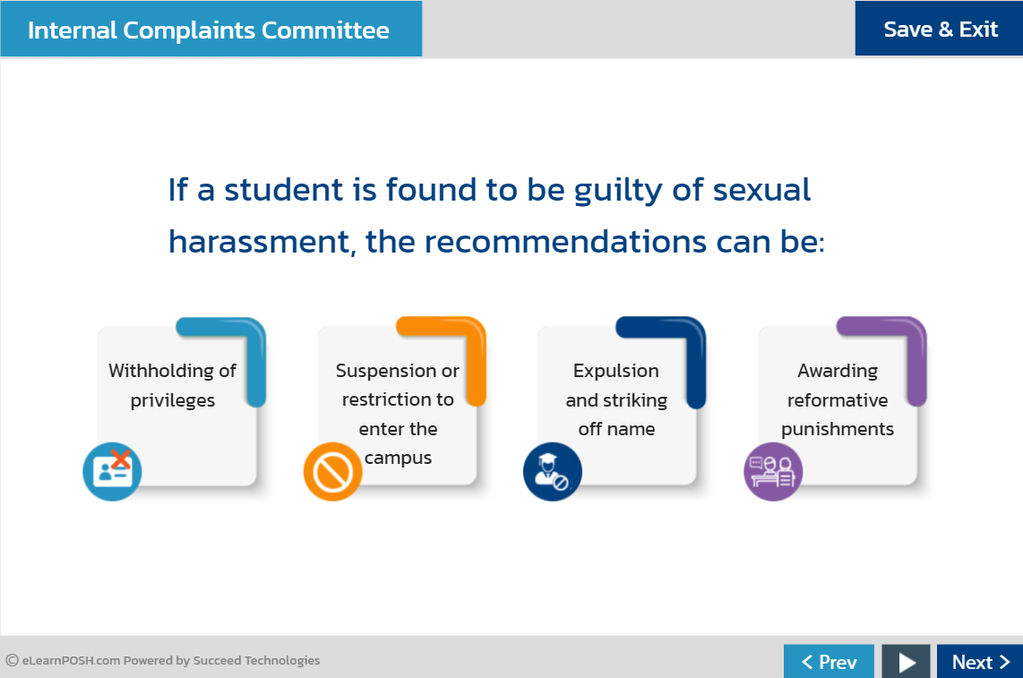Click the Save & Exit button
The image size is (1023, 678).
tap(940, 29)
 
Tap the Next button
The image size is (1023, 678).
tap(979, 662)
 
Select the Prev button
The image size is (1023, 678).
tap(829, 662)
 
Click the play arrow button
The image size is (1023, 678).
tap(907, 662)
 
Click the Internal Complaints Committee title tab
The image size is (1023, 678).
tap(210, 30)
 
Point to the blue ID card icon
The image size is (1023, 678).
tap(112, 471)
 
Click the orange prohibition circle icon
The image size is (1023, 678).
tap(332, 472)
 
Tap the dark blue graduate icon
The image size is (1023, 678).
tap(552, 472)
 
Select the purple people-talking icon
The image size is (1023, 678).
tap(772, 472)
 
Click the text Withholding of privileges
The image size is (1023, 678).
tap(173, 385)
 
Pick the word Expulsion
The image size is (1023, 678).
tap(615, 371)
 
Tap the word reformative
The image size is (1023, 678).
tap(837, 399)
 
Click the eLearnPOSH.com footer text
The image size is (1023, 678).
tap(72, 661)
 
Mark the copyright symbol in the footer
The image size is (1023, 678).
tap(12, 661)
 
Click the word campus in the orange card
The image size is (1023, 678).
tap(398, 458)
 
